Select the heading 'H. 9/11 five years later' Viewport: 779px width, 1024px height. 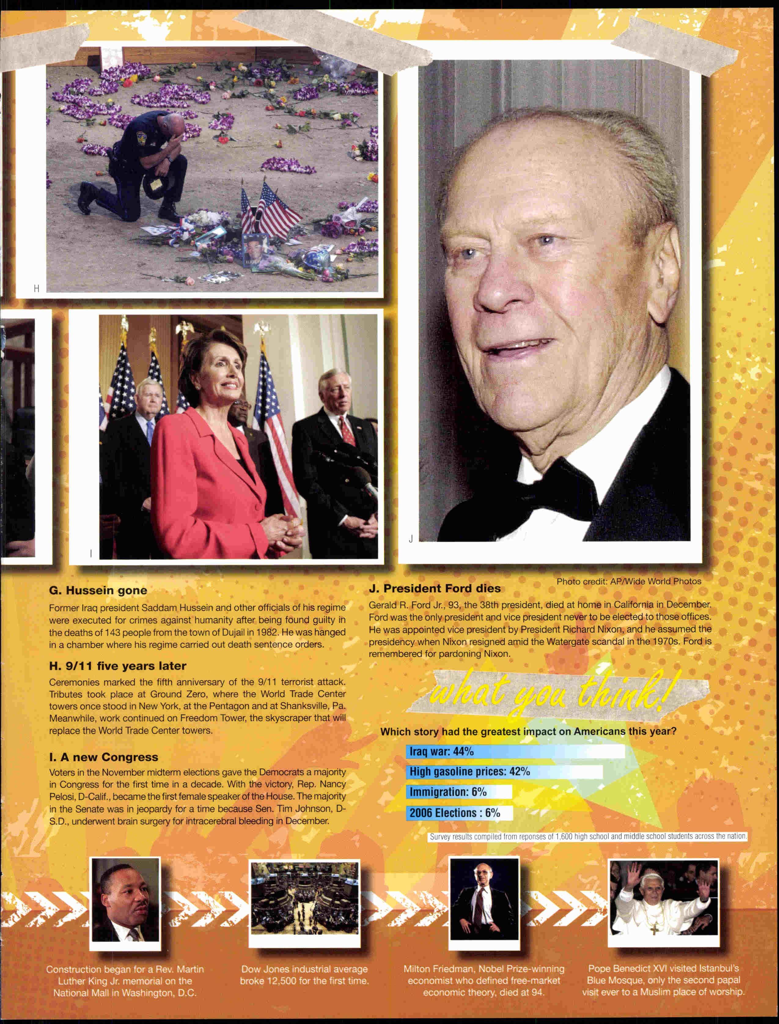(117, 666)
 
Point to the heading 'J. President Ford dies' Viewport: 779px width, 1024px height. (435, 588)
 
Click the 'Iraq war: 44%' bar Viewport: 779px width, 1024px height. (515, 751)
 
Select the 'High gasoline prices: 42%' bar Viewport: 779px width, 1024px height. (504, 772)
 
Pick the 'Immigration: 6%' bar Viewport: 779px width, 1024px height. (459, 792)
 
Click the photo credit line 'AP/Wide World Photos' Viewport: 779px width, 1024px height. (628, 581)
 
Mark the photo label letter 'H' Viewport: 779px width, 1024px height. (36, 289)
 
